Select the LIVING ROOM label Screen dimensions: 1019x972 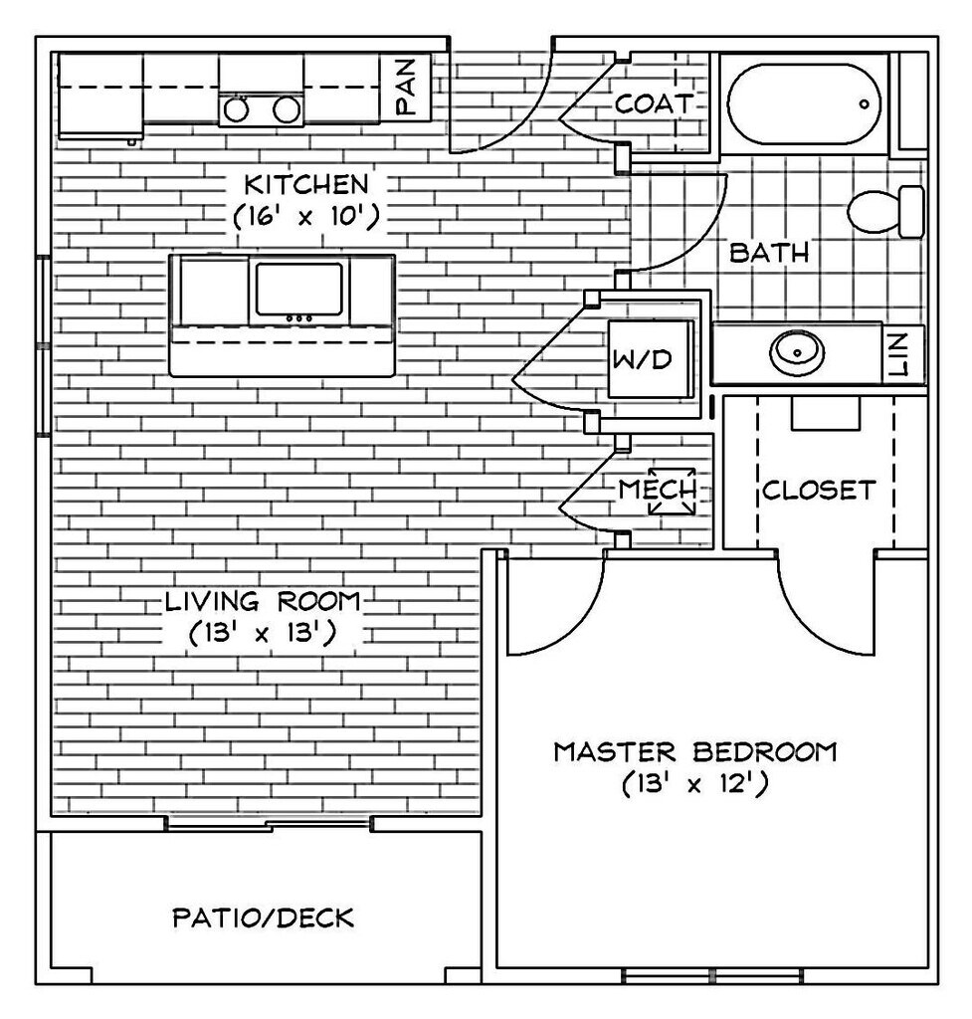click(263, 601)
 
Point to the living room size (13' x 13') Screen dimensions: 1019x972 click(263, 633)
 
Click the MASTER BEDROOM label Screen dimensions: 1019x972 click(694, 751)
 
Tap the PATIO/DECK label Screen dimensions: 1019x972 click(263, 917)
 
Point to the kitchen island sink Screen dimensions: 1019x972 click(299, 290)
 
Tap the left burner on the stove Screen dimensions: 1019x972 click(237, 109)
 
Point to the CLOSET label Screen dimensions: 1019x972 click(819, 490)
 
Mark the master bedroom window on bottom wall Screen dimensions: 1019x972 click(711, 974)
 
